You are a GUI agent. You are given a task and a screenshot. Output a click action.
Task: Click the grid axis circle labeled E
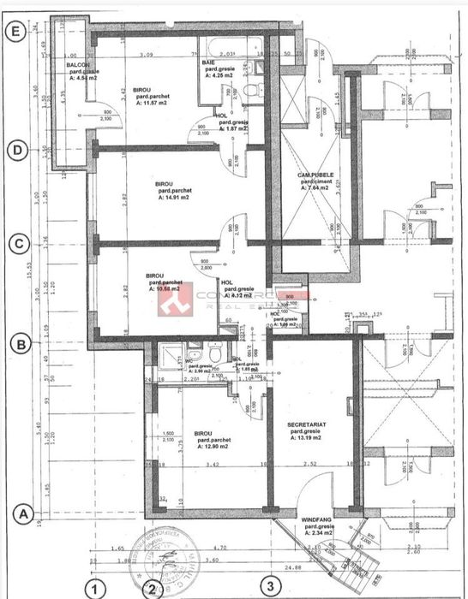14,30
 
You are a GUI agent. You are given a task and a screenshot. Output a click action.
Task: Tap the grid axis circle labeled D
14,147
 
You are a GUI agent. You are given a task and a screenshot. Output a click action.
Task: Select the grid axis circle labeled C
14,243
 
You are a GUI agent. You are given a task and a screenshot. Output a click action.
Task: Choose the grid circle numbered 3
272,586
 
